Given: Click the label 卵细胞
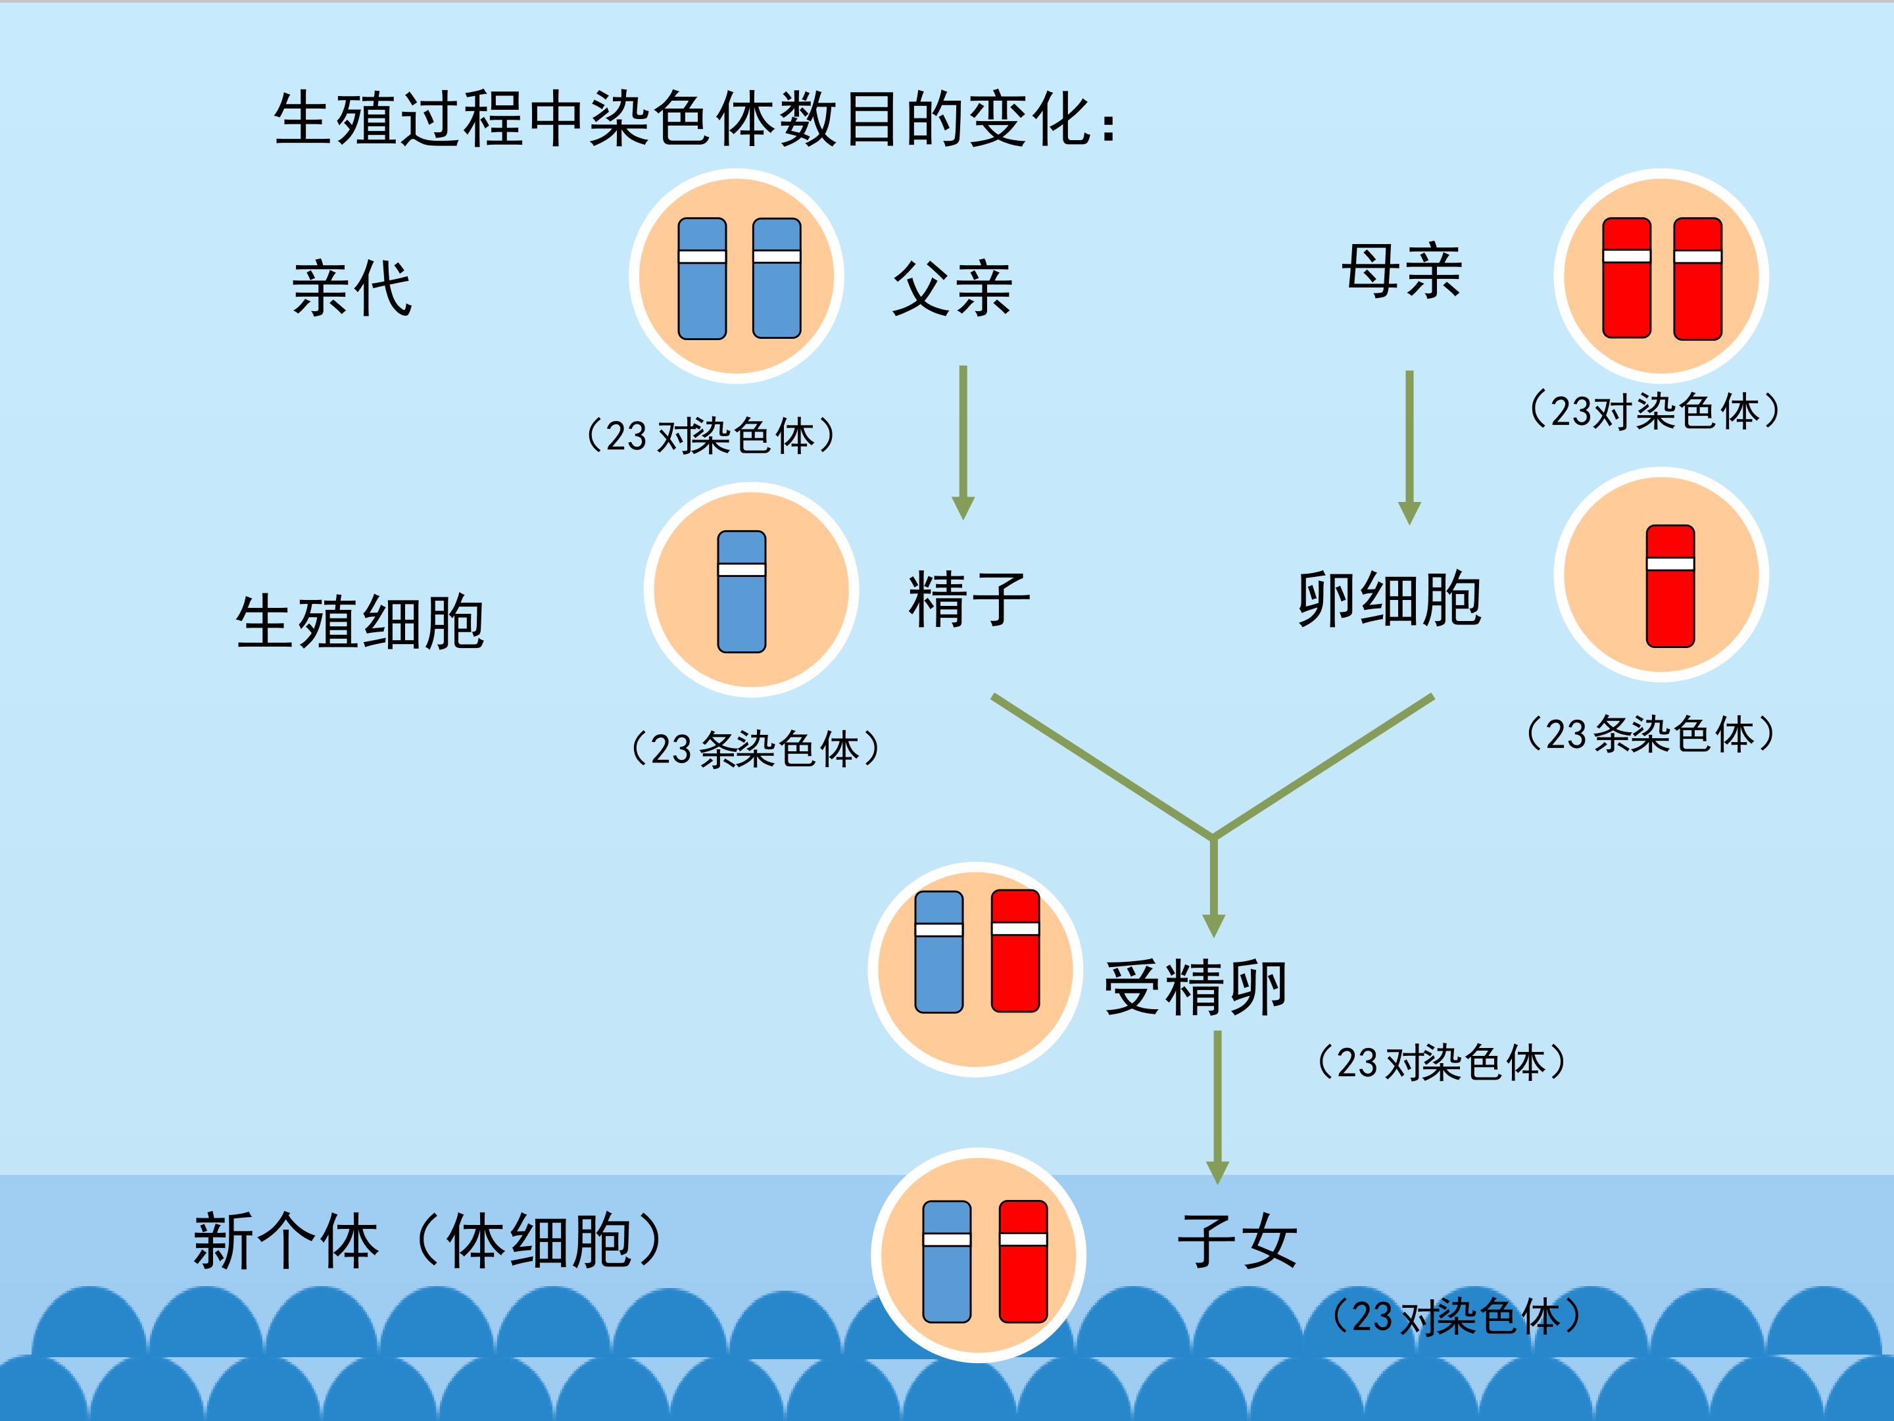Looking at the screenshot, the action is pyautogui.click(x=1389, y=599).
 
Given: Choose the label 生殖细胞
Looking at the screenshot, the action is pyautogui.click(x=360, y=622).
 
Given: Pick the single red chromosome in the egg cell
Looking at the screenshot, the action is pyautogui.click(x=1670, y=586).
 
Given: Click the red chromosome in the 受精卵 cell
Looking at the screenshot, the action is pyautogui.click(x=1015, y=951).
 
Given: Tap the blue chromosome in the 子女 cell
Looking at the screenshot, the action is pyautogui.click(x=947, y=1262).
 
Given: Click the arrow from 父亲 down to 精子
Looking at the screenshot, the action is pyautogui.click(x=963, y=443).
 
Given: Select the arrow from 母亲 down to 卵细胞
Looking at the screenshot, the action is pyautogui.click(x=1409, y=448).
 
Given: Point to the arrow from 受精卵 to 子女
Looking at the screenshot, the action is pyautogui.click(x=1217, y=1107).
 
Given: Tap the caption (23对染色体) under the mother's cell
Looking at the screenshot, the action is pyautogui.click(x=1654, y=411).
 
